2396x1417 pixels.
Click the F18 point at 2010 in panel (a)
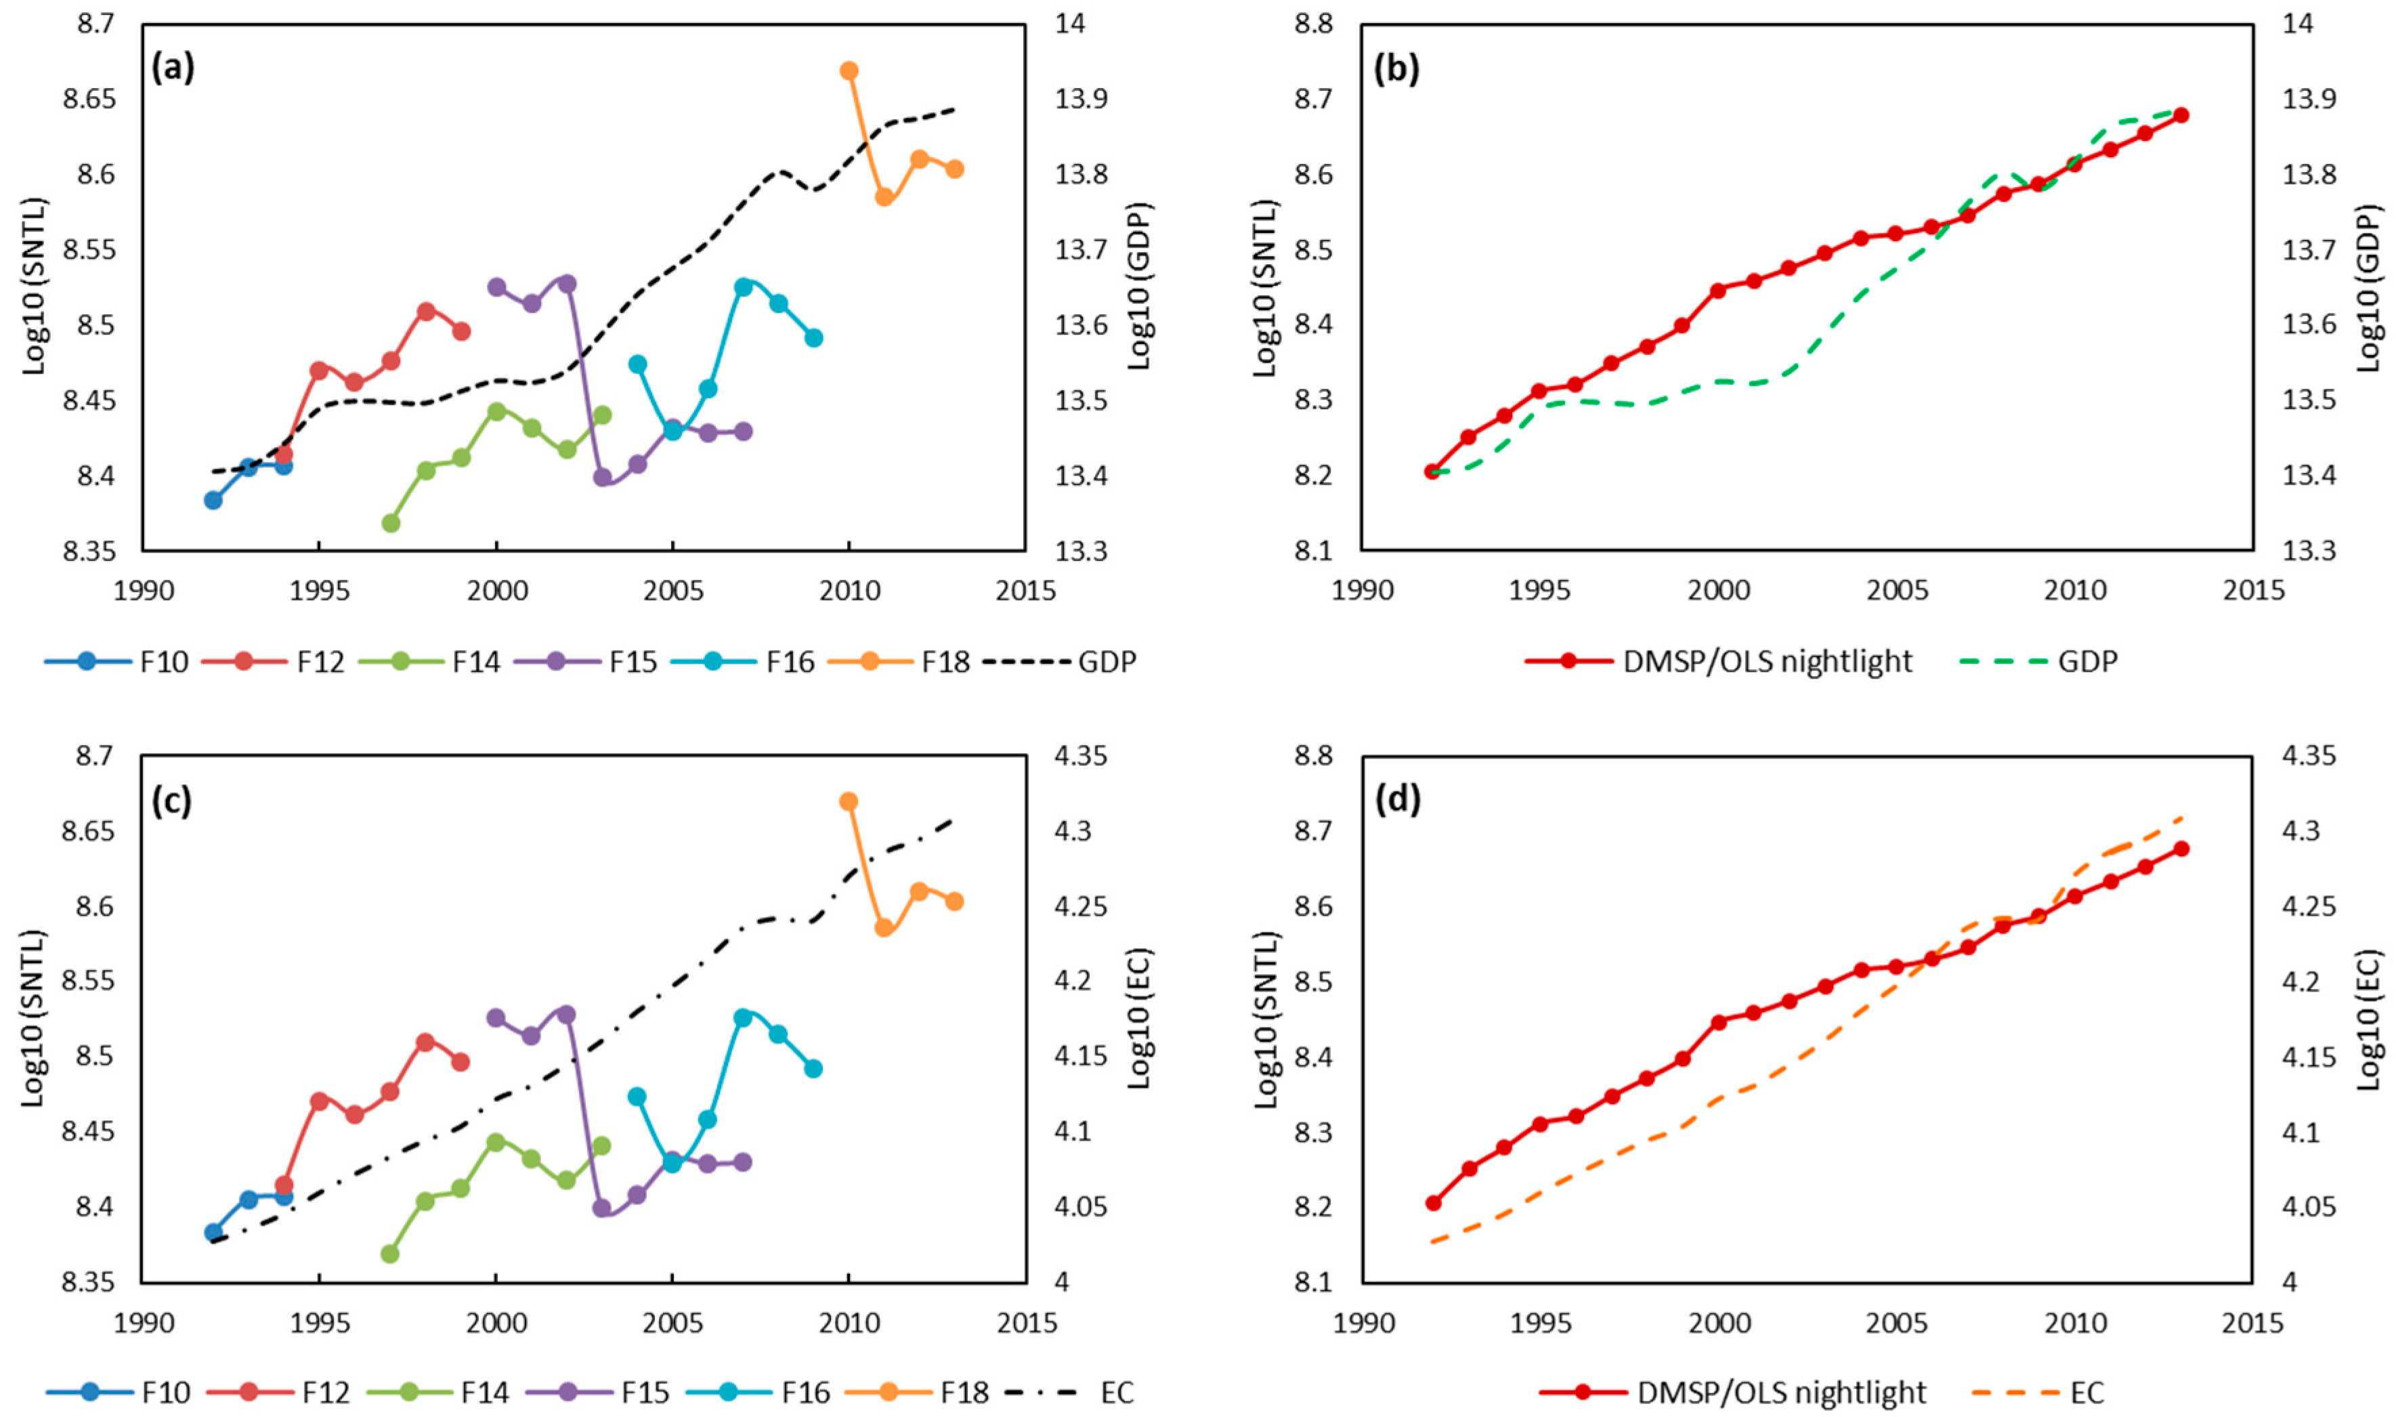tap(849, 70)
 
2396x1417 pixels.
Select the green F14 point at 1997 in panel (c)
tap(389, 1254)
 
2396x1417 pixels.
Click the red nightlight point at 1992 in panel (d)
tap(1433, 1203)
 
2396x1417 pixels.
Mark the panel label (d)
tap(1396, 799)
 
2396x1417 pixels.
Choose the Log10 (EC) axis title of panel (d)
tap(2370, 1019)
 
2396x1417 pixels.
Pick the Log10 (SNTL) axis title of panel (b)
tap(1265, 287)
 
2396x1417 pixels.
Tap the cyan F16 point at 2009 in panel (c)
tap(813, 1068)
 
